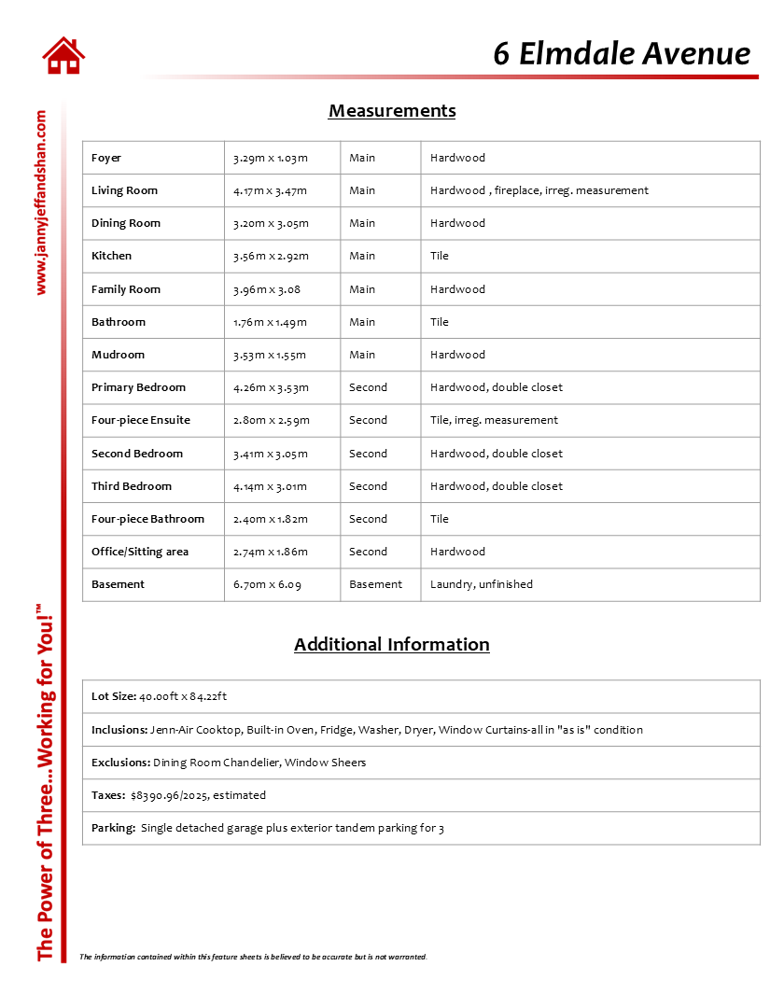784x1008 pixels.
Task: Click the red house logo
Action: pyautogui.click(x=63, y=55)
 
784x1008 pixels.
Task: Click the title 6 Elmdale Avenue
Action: pyautogui.click(x=622, y=53)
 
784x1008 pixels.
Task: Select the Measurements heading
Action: pyautogui.click(x=392, y=111)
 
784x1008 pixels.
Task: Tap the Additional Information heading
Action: pyautogui.click(x=392, y=644)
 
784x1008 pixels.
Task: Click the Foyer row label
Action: pyautogui.click(x=106, y=158)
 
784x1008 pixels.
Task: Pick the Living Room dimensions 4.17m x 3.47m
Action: pyautogui.click(x=270, y=190)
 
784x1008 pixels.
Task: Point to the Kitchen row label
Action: pyautogui.click(x=111, y=256)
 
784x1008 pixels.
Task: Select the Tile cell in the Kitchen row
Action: pyautogui.click(x=439, y=256)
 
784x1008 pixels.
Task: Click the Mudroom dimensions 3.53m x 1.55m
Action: pyautogui.click(x=270, y=355)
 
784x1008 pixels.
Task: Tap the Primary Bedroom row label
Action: pyautogui.click(x=138, y=387)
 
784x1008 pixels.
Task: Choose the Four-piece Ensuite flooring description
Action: pyautogui.click(x=494, y=420)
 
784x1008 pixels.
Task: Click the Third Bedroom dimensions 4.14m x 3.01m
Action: pyautogui.click(x=270, y=486)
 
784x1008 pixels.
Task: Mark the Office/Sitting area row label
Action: pyautogui.click(x=140, y=552)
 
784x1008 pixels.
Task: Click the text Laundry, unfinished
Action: pyautogui.click(x=482, y=584)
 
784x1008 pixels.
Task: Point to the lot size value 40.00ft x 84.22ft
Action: pyautogui.click(x=183, y=696)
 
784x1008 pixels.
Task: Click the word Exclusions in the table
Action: pyautogui.click(x=120, y=763)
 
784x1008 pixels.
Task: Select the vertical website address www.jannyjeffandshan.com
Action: pyautogui.click(x=40, y=203)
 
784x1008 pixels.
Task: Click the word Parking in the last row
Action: pyautogui.click(x=113, y=828)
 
